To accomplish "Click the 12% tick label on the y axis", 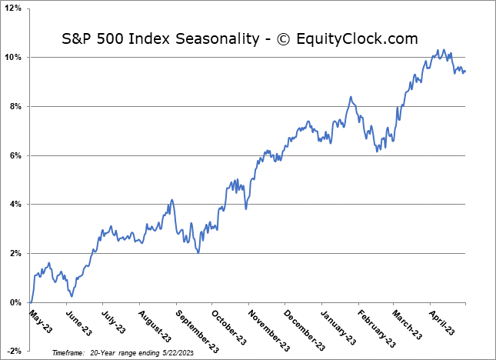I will point(14,8).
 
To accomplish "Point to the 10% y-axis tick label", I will point(14,58).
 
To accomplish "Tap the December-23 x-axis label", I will point(298,325).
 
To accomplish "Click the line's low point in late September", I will point(198,252).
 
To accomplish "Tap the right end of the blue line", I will point(464,72).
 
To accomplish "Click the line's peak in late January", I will point(351,97).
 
